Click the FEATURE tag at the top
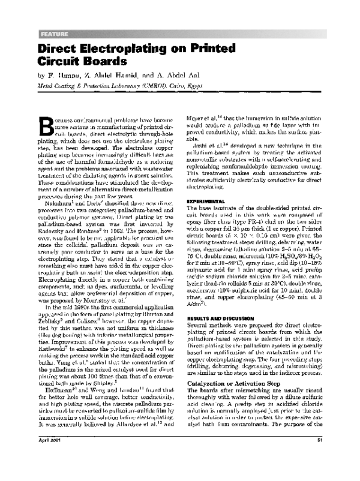pyautogui.click(x=53, y=32)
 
